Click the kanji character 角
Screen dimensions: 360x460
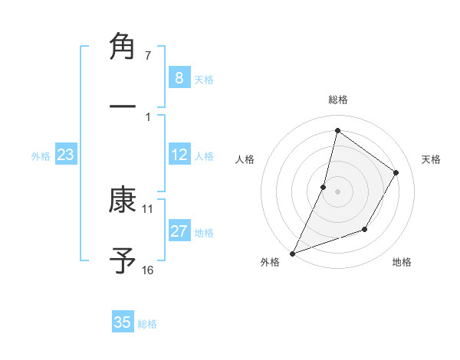click(123, 47)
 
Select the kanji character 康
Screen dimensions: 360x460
click(123, 201)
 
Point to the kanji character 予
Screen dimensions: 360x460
click(123, 260)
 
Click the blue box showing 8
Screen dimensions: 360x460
click(179, 77)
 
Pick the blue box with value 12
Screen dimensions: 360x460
click(179, 155)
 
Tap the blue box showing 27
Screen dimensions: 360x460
click(179, 231)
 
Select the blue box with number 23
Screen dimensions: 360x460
click(66, 155)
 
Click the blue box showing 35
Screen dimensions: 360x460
click(123, 322)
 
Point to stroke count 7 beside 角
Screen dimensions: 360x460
click(148, 56)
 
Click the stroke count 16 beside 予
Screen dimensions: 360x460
click(148, 270)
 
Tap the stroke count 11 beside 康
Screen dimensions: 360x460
click(148, 208)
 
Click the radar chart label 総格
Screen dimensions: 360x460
click(337, 100)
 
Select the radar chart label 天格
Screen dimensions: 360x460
click(432, 159)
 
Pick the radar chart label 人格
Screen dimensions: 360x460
click(245, 159)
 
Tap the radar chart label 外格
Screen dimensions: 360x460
click(270, 262)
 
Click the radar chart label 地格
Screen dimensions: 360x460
click(402, 262)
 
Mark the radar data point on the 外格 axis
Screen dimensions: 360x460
click(292, 253)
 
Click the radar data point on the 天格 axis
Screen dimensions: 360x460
click(396, 173)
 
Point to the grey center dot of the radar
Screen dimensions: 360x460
click(337, 191)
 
